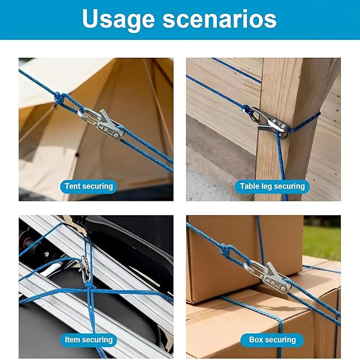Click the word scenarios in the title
(219, 19)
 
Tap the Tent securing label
(89, 187)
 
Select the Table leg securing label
(273, 187)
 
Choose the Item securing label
(89, 340)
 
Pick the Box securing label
(273, 340)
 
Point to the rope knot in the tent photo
(59, 98)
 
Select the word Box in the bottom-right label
(257, 340)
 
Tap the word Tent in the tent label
(73, 186)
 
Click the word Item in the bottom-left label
(72, 340)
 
